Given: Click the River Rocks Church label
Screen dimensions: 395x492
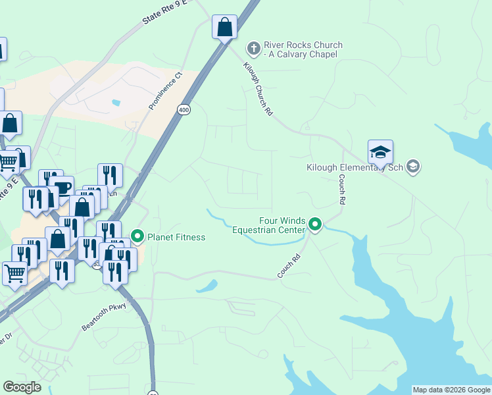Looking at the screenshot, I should click(303, 49).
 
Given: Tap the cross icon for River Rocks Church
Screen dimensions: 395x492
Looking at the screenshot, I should click(253, 48).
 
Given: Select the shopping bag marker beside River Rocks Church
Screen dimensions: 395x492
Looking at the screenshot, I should click(224, 28).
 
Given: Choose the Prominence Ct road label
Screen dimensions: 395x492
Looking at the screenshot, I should click(164, 91).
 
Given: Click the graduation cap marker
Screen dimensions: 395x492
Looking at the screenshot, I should click(380, 153).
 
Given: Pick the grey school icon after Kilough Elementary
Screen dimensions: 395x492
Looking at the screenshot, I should click(413, 166).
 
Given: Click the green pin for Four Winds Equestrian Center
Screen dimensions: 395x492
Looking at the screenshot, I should click(315, 226).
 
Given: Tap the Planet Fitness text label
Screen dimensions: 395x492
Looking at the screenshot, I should click(176, 237).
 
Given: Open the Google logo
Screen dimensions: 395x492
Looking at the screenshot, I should click(22, 387).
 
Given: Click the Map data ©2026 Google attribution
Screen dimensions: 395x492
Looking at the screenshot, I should click(451, 390).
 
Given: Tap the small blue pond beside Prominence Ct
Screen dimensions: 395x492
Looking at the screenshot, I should click(116, 103).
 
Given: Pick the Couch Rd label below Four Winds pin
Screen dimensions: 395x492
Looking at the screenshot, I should click(289, 265).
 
